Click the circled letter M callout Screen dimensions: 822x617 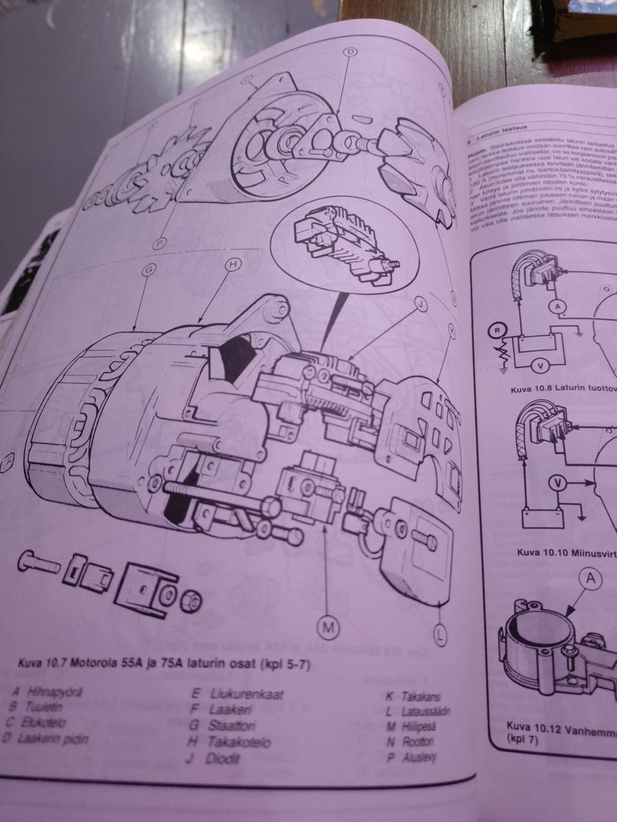coord(328,627)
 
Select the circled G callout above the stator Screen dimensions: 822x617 coord(147,271)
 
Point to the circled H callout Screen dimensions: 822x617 coord(233,265)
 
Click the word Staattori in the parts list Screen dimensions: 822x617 coord(231,726)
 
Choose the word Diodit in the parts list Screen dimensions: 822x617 coord(223,758)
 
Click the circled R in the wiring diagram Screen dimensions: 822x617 coord(496,331)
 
